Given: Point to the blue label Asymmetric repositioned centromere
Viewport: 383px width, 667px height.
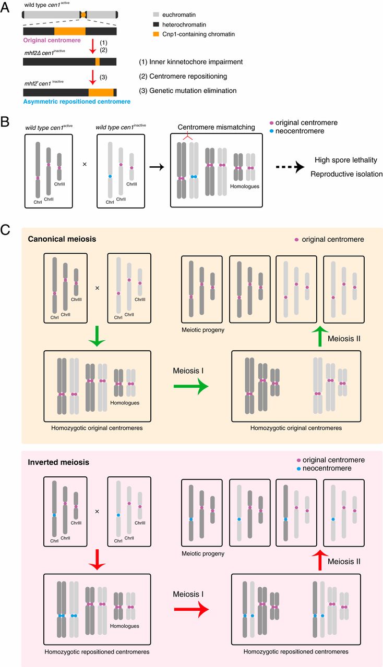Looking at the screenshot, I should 75,102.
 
